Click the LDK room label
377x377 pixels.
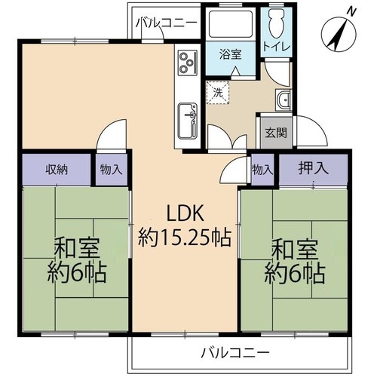coord(185,226)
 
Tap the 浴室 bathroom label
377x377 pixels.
coord(230,54)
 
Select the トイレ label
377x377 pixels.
coord(277,47)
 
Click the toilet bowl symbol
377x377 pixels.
coord(276,24)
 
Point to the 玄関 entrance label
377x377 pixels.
coord(276,133)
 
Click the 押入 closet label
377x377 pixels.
coord(313,168)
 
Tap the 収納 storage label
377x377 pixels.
coord(57,170)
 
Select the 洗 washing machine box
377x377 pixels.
coord(218,93)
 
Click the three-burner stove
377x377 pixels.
coord(188,63)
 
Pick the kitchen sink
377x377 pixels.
coord(188,121)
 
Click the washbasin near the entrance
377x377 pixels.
coord(284,100)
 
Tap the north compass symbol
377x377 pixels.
coord(339,35)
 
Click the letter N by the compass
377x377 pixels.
coord(352,11)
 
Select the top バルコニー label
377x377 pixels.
coord(167,23)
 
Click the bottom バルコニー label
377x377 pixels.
coord(235,353)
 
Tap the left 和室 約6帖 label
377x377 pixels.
coord(77,261)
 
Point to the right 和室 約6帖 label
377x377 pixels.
coord(295,262)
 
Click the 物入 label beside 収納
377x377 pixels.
coord(111,170)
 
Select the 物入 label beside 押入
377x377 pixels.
coord(262,170)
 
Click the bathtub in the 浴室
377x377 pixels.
coord(231,25)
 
